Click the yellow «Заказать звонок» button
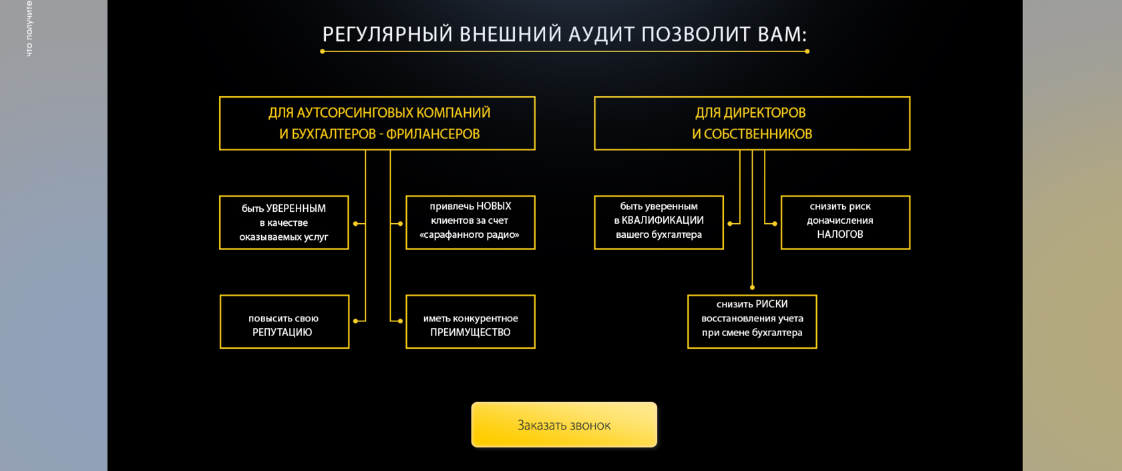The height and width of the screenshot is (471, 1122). click(x=564, y=425)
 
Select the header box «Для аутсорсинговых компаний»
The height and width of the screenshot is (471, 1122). click(x=377, y=124)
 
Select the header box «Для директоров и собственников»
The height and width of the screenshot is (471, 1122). click(x=752, y=124)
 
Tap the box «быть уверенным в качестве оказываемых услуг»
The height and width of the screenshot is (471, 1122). click(x=284, y=222)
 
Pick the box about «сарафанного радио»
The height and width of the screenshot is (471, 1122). click(x=470, y=222)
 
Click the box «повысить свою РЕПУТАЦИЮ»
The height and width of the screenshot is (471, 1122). click(x=284, y=321)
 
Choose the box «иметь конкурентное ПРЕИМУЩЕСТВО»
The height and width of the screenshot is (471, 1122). click(x=470, y=321)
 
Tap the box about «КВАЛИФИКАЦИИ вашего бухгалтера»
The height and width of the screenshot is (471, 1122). click(x=659, y=222)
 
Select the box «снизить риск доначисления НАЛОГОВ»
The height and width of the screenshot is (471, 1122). click(x=845, y=222)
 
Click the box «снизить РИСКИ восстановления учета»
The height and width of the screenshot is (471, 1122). click(x=752, y=321)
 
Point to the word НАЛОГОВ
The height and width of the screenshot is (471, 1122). click(x=840, y=234)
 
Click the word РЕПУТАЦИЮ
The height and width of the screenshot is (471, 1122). click(x=282, y=333)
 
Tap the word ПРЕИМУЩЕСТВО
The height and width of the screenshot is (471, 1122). click(x=470, y=333)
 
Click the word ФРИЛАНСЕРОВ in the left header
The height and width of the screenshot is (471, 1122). click(x=433, y=134)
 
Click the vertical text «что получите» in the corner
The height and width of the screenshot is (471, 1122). click(x=29, y=29)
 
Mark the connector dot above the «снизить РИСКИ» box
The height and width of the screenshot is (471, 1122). click(x=752, y=287)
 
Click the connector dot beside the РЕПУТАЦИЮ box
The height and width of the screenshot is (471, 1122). click(x=355, y=321)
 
